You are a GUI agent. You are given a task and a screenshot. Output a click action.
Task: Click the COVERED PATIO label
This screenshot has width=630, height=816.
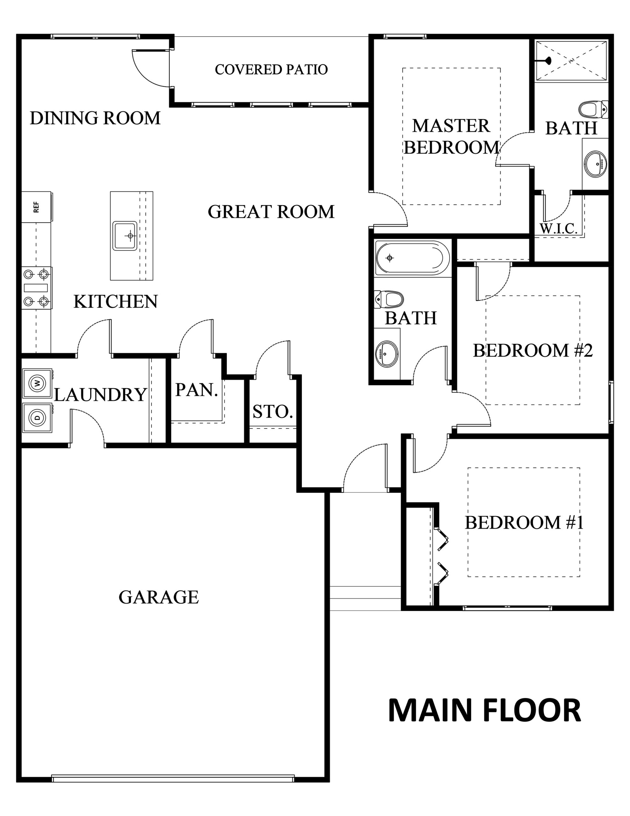point(271,69)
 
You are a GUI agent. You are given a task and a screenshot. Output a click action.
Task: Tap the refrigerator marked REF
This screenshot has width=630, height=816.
point(37,207)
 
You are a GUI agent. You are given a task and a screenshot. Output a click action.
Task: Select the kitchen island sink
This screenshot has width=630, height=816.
point(125,236)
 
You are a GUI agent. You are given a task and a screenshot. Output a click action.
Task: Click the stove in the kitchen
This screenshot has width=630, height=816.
point(37,288)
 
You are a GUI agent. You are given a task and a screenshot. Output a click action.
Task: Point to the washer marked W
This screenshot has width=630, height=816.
point(37,383)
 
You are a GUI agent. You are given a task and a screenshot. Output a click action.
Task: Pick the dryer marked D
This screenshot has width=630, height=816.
point(37,417)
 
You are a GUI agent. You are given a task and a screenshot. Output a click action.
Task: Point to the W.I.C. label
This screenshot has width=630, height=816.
point(559,228)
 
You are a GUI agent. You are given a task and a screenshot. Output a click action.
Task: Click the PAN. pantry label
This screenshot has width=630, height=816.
point(197,390)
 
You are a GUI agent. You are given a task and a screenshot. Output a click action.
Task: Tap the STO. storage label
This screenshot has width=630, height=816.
point(273,412)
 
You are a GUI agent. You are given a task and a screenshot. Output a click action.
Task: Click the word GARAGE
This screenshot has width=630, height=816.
point(159,597)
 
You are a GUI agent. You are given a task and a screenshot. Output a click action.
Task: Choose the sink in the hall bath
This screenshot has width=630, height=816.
point(387,353)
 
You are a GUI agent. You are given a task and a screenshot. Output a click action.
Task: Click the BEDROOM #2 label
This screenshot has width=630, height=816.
point(533,350)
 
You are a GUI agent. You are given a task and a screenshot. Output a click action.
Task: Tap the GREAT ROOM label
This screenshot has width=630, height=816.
point(271,212)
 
